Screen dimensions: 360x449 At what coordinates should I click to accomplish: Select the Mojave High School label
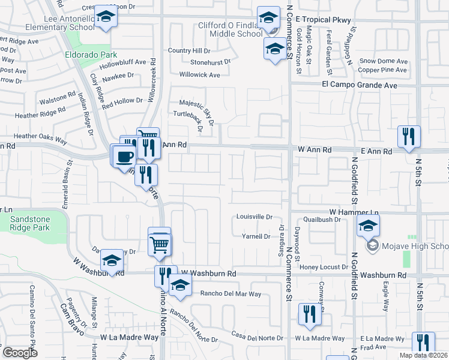pos(414,246)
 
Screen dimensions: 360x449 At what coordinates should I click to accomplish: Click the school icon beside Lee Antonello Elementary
pos(106,18)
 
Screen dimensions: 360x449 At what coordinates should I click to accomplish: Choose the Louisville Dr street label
pos(255,217)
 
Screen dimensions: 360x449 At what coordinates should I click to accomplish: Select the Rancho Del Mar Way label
pos(231,294)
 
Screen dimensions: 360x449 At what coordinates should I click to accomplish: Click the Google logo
pos(20,353)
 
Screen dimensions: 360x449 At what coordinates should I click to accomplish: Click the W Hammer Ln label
pos(354,213)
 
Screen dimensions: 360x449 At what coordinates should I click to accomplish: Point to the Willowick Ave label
pos(199,75)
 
